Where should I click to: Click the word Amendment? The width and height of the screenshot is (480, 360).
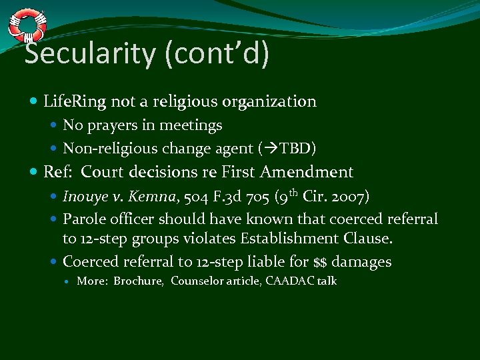[307, 173]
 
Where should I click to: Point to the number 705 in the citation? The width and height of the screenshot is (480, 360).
[247, 197]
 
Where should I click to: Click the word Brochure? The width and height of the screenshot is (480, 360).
[139, 281]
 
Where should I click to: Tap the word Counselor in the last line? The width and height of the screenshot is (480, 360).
[195, 281]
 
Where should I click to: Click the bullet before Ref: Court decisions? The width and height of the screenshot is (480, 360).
[34, 173]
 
